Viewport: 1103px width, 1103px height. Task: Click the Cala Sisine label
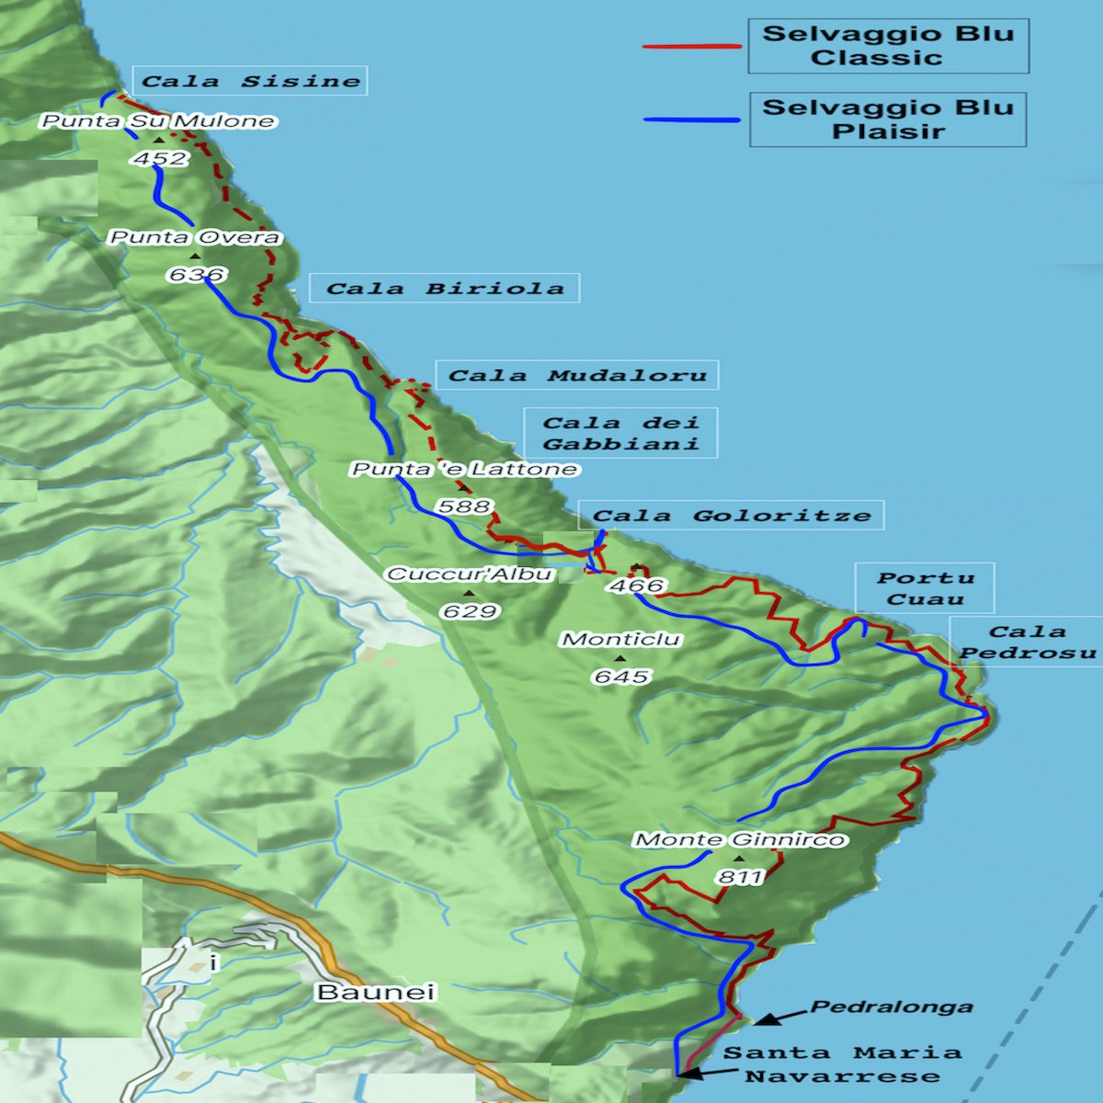coord(250,81)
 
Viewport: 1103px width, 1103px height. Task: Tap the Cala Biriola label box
coord(445,289)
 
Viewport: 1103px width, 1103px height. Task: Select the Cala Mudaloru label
coord(577,375)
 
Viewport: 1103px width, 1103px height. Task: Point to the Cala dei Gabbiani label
coord(620,433)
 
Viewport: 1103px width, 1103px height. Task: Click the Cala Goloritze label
coord(732,516)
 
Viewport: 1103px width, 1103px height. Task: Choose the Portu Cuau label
coord(925,588)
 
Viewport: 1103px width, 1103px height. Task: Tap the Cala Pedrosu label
coord(1028,642)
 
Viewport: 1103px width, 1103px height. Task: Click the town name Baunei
coord(375,993)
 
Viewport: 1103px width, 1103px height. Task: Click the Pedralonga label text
coord(891,1006)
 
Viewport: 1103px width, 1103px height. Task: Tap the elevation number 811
coord(740,877)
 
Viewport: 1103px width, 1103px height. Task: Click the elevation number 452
coord(160,158)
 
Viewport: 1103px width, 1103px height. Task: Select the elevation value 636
coord(197,274)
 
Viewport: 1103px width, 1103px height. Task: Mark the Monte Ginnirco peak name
coord(740,839)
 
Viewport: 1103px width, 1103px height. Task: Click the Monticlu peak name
coord(621,639)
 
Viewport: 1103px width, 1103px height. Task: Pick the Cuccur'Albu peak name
coord(470,574)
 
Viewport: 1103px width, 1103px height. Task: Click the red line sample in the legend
coord(691,46)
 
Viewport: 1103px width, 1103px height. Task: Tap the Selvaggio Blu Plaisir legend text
coord(888,119)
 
